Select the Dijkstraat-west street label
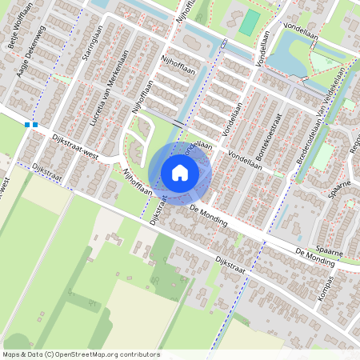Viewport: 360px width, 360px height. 74,148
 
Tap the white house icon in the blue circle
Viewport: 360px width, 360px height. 180,173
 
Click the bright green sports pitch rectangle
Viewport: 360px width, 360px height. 251,22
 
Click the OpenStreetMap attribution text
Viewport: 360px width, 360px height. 81,354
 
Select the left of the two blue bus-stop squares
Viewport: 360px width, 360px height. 27,125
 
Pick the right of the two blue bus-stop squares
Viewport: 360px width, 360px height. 35,125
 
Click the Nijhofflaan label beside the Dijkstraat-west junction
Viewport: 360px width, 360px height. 136,183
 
